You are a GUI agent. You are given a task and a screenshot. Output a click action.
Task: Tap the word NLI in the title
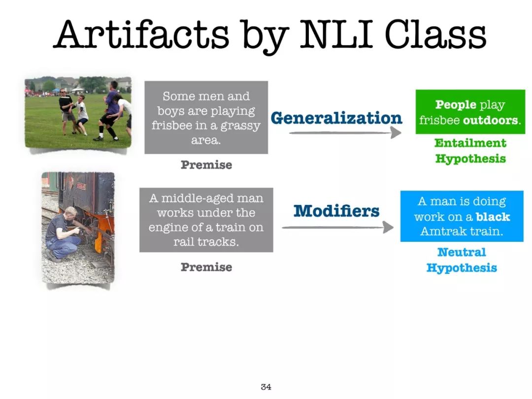[336, 34]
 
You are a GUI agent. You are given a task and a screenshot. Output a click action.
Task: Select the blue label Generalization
[336, 118]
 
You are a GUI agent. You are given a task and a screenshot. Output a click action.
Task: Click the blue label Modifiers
[336, 210]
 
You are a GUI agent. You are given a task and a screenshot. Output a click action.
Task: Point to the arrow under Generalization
[345, 133]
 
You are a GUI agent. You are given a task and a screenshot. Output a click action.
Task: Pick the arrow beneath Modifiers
[337, 227]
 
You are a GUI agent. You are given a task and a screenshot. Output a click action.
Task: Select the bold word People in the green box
[456, 104]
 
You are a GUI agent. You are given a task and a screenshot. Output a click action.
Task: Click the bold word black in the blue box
[493, 216]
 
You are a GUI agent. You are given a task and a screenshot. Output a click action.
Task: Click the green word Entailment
[470, 143]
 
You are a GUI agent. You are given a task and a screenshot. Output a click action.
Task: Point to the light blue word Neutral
[462, 252]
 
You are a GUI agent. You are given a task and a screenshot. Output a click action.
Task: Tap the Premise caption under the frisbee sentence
[206, 165]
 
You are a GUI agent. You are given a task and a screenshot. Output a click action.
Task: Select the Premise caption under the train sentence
[206, 267]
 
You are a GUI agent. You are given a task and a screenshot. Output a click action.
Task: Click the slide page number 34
[266, 387]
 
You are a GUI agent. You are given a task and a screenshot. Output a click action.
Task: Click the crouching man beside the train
[65, 234]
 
